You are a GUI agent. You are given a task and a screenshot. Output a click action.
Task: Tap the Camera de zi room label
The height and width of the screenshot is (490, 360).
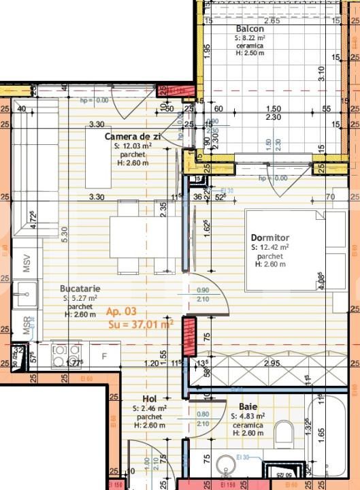pos(132,137)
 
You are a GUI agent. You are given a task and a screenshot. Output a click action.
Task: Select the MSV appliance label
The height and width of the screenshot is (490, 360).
pos(27,266)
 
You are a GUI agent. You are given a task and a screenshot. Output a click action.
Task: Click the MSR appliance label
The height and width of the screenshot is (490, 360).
pos(27,326)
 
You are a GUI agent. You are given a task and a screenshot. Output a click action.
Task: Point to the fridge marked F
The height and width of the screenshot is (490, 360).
pos(104,355)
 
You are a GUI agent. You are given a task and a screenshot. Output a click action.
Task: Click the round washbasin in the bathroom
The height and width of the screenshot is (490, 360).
pos(227,469)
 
